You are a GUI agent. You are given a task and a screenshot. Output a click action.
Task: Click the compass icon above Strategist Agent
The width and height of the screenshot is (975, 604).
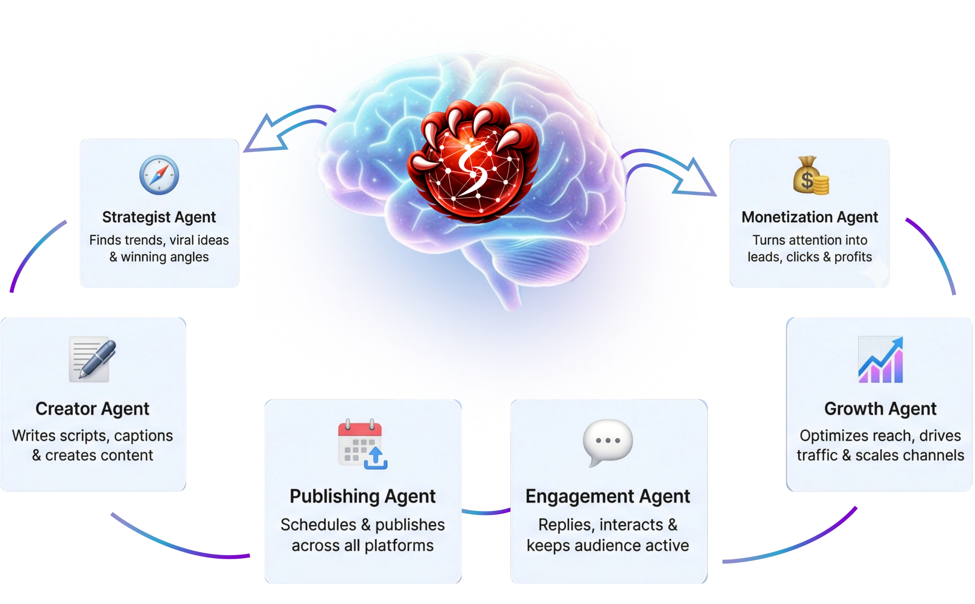pos(159,175)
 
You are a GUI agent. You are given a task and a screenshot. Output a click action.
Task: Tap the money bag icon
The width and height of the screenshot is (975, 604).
pos(810,176)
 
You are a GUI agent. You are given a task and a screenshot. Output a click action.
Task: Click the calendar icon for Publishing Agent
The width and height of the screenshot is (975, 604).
pos(362,445)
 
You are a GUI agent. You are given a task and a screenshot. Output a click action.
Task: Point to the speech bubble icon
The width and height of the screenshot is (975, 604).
pos(607,442)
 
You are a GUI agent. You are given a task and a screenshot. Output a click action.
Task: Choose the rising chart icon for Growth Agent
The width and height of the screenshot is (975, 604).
pos(880,360)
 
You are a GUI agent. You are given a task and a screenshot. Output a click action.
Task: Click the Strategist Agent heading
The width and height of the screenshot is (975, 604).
pos(159,217)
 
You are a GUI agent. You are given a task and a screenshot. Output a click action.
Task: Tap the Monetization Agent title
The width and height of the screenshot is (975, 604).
pos(810,217)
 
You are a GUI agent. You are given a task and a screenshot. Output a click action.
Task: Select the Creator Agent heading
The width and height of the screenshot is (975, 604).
pos(92,409)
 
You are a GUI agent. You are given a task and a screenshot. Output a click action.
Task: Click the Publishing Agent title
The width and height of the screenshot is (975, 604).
pos(362,496)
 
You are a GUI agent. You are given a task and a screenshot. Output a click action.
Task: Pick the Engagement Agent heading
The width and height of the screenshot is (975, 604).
pos(607,496)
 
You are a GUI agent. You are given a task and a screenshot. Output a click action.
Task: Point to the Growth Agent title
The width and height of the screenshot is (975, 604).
pos(880,409)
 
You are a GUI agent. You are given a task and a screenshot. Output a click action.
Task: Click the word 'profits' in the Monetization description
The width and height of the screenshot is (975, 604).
pos(853,257)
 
